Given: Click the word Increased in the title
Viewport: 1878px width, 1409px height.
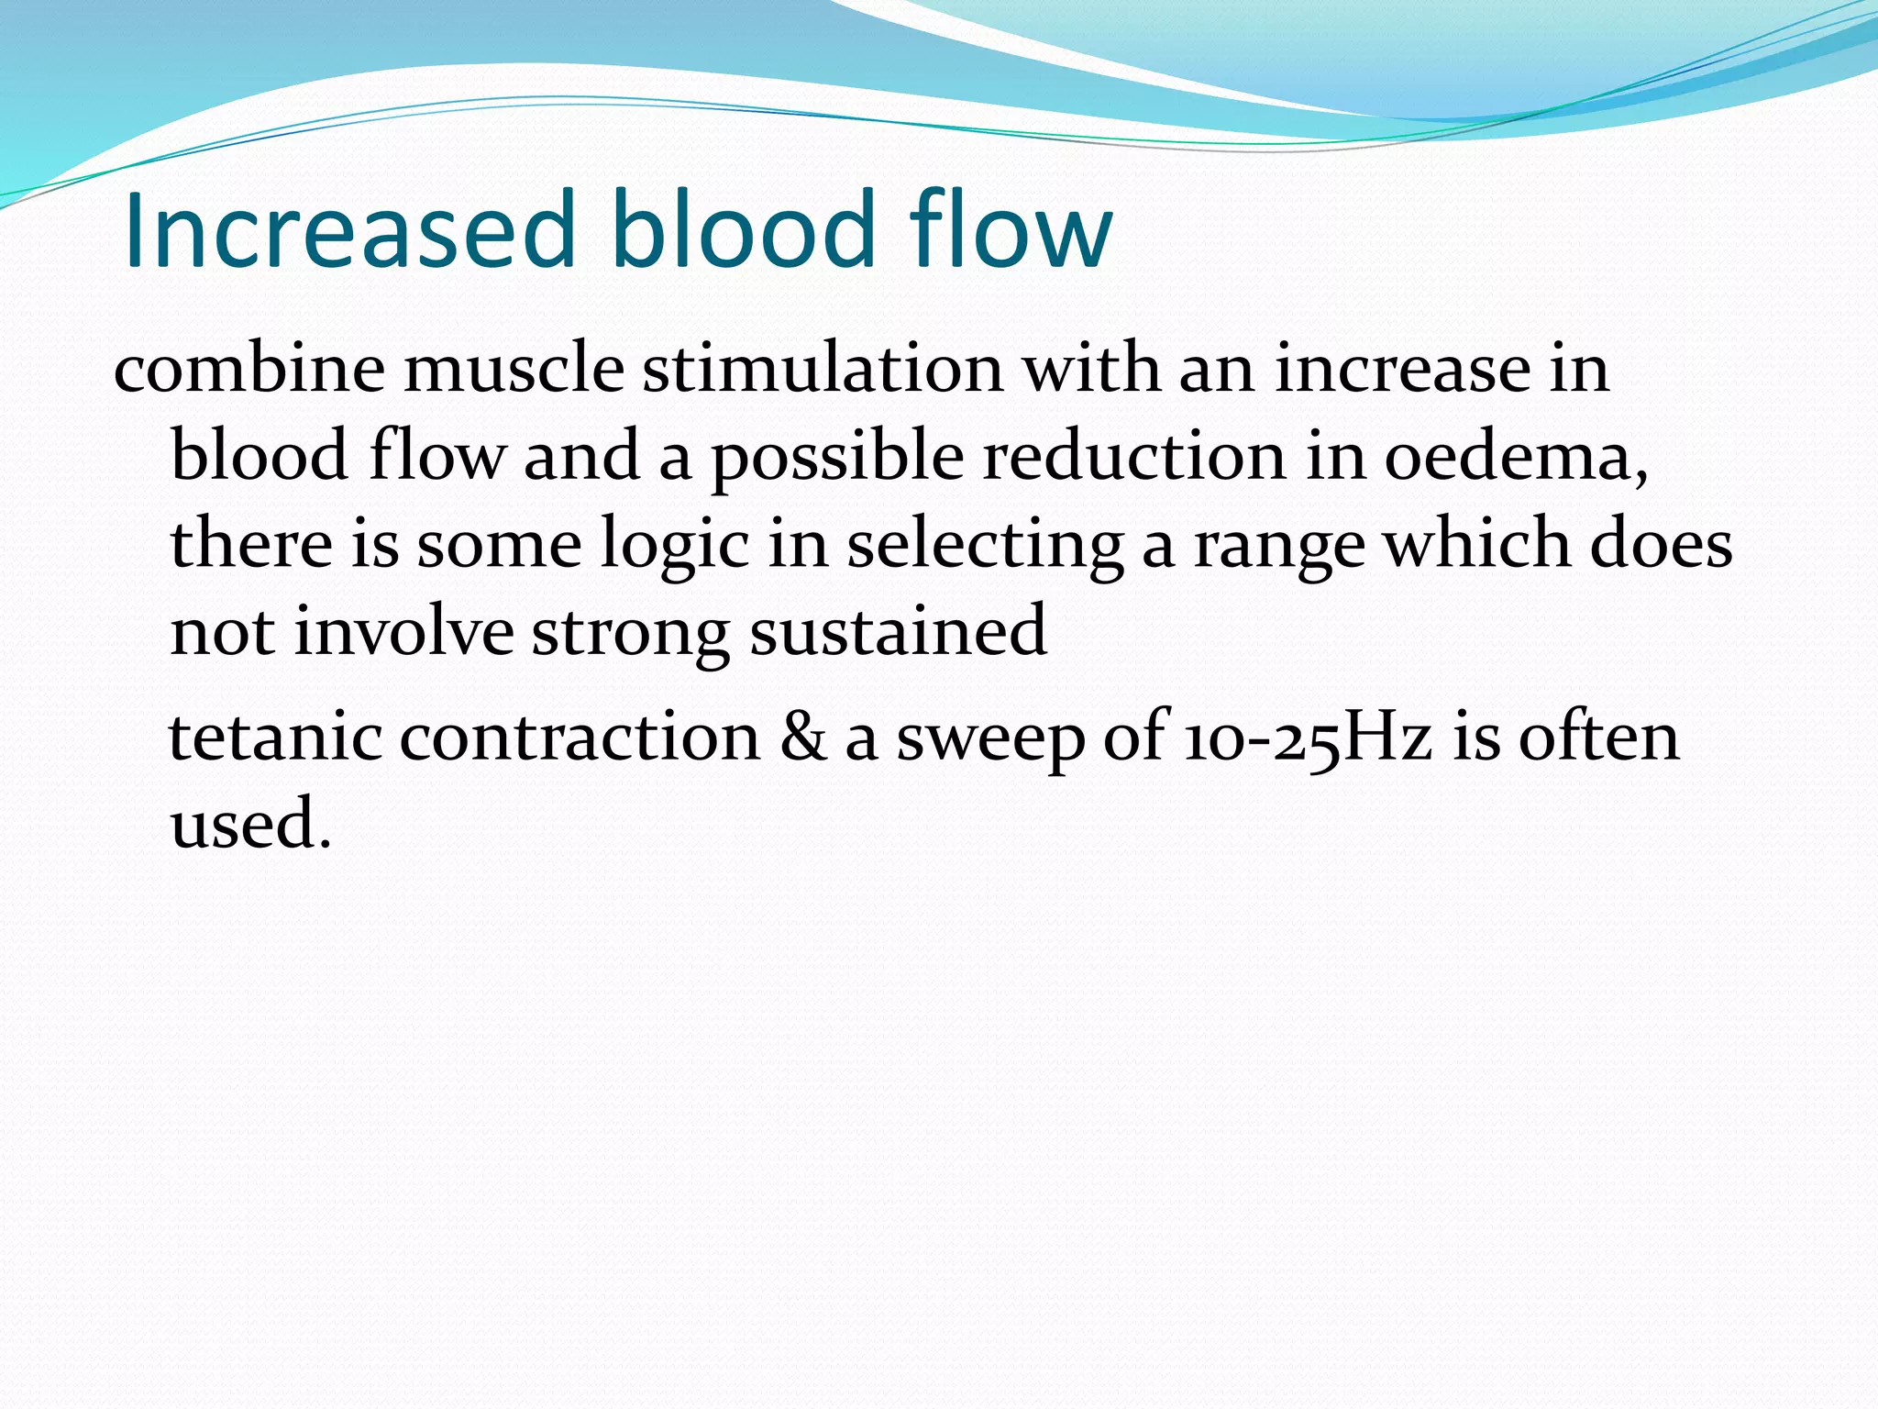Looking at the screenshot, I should (x=349, y=230).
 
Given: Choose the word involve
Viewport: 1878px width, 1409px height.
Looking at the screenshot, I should (x=403, y=632).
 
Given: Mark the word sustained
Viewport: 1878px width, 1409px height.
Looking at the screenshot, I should (x=899, y=632).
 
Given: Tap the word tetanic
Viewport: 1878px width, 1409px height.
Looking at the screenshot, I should (x=275, y=737).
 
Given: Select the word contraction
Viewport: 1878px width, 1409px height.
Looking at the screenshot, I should (x=580, y=737).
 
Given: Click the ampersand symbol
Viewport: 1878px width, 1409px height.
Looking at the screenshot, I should (x=803, y=737).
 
